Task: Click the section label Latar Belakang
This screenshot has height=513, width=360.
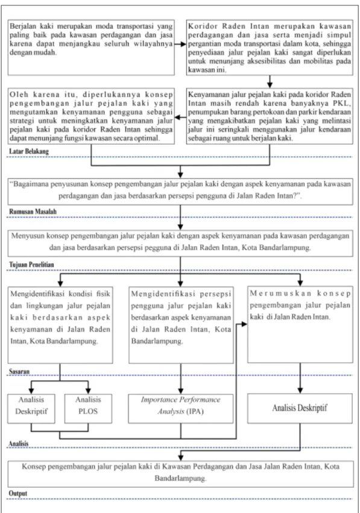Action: point(29,151)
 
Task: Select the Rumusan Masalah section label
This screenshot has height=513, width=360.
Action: point(33,212)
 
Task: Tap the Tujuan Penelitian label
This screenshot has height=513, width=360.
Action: point(31,265)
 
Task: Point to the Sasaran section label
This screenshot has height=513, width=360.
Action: point(19,371)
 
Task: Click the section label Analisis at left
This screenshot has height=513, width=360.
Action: point(19,444)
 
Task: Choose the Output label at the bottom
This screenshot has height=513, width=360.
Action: point(18,493)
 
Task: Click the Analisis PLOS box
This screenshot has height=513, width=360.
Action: point(88,409)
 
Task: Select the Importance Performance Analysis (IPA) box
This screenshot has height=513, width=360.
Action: point(181,409)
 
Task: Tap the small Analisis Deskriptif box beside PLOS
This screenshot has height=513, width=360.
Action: point(31,409)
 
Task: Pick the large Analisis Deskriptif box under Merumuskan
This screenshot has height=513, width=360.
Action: point(300,408)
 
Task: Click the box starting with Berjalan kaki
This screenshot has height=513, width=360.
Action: point(91,48)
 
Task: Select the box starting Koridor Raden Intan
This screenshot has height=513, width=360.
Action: point(270,48)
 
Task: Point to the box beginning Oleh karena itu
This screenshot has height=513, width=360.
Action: point(91,116)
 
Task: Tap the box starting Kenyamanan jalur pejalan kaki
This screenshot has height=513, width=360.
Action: point(270,116)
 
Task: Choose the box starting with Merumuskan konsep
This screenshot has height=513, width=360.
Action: point(300,324)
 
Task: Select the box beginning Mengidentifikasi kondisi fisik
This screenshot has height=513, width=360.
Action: point(60,324)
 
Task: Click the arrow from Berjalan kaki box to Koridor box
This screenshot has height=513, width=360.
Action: point(180,44)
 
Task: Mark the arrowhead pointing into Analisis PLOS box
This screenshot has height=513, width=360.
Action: point(88,391)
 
